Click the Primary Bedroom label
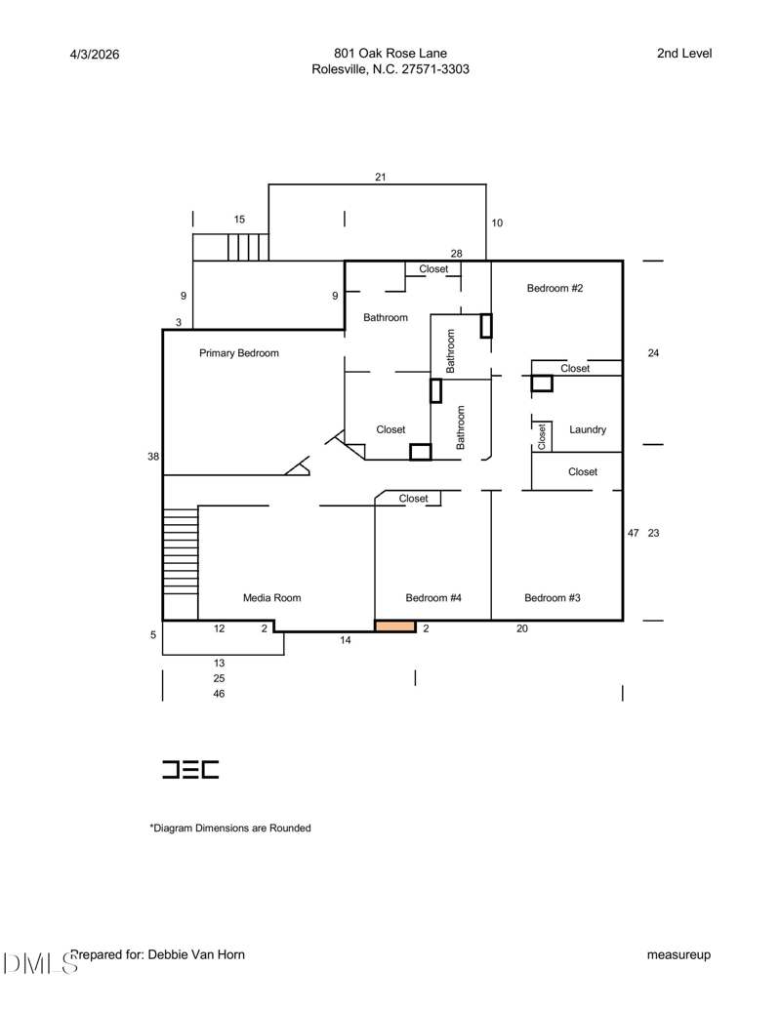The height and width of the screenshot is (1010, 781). point(239,353)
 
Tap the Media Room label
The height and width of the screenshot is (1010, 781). point(272,598)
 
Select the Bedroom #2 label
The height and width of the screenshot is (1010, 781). point(555,288)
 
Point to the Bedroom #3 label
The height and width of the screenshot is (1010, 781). point(553,598)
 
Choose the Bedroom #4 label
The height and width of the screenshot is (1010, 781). point(433,598)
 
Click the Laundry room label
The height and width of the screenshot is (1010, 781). point(588,429)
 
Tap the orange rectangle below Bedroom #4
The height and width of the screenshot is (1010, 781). point(395,626)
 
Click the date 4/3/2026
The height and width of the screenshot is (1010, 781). point(95,55)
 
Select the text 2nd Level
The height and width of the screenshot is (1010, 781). point(684,54)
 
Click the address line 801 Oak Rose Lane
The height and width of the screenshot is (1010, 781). point(390,54)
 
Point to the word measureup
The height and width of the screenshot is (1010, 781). point(679,954)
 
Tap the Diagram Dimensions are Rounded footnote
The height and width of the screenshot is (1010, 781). point(230,828)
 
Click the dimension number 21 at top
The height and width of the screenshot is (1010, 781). point(381,177)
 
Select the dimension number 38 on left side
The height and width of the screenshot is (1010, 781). point(152,457)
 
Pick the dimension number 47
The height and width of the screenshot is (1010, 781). point(634,533)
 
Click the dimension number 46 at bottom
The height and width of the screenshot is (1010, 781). point(219,694)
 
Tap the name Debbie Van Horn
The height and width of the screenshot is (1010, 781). point(196,954)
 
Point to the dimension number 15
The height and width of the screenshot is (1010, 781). point(240,219)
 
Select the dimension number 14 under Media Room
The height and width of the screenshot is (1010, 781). point(346,639)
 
